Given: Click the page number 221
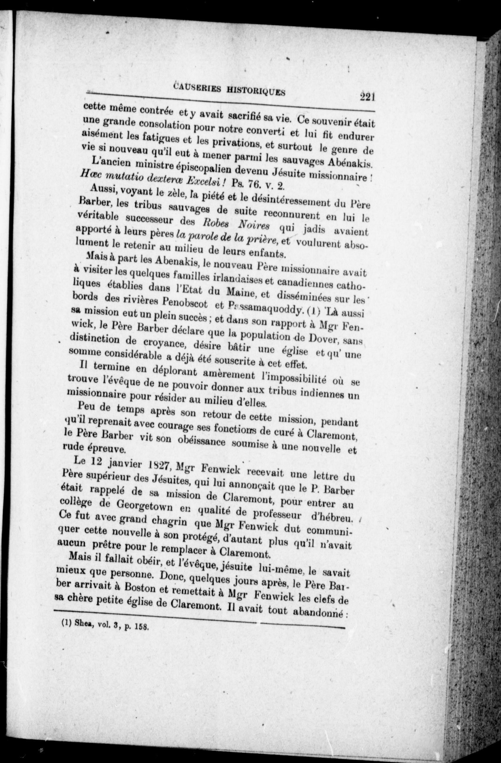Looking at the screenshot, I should [367, 96].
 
